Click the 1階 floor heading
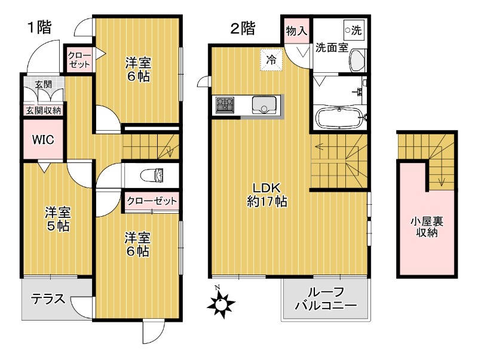[x=38, y=27]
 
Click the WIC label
[x=43, y=140]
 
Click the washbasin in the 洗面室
[x=357, y=60]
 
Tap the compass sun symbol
[x=222, y=304]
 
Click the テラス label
[x=48, y=299]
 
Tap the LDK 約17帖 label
[x=268, y=194]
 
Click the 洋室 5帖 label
[x=57, y=219]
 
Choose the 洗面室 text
[x=331, y=48]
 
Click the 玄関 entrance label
[x=43, y=84]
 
